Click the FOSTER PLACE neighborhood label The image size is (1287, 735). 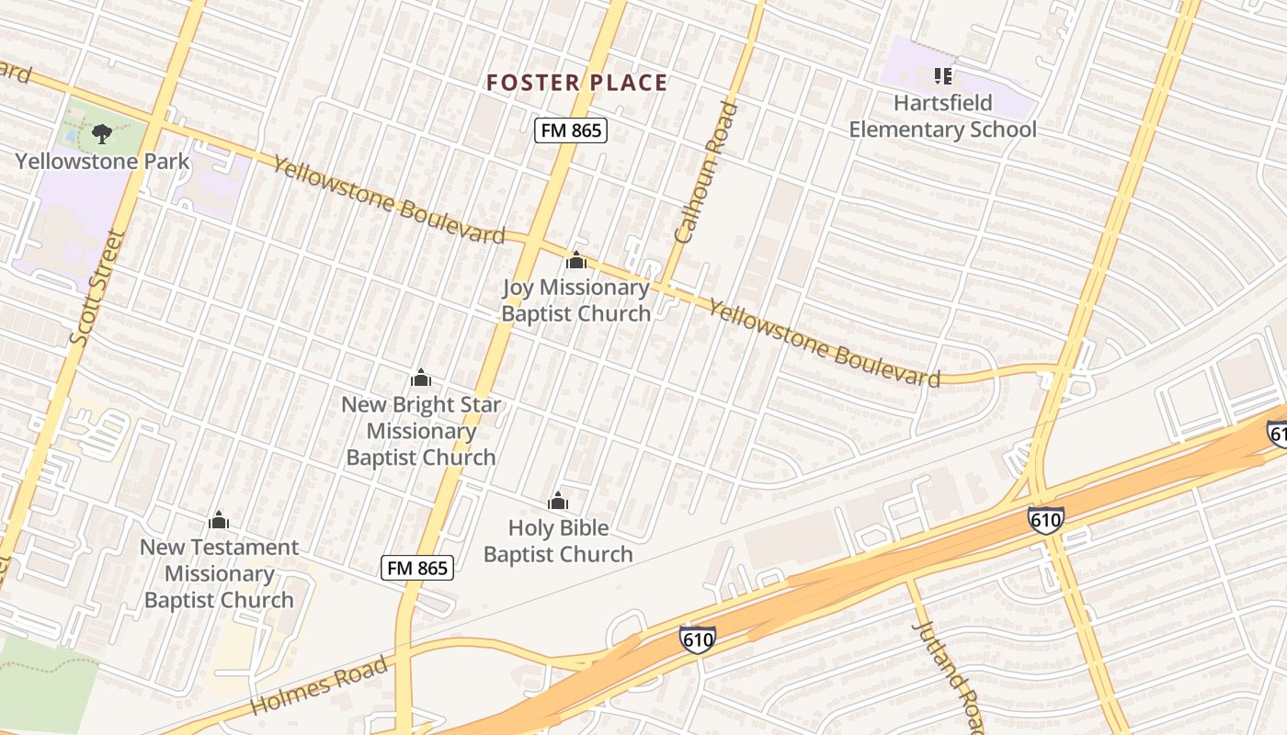pyautogui.click(x=576, y=83)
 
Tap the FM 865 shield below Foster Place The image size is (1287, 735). pyautogui.click(x=571, y=130)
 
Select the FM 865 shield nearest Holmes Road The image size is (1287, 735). pyautogui.click(x=417, y=568)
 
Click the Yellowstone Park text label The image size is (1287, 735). pyautogui.click(x=102, y=162)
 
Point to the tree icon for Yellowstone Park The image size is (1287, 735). pyautogui.click(x=101, y=134)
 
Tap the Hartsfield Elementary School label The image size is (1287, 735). pyautogui.click(x=942, y=116)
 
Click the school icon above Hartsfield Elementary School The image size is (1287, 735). pyautogui.click(x=942, y=75)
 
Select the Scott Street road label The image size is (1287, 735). pyautogui.click(x=97, y=288)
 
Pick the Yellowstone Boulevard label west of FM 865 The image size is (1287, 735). pyautogui.click(x=389, y=200)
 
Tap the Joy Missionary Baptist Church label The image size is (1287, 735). pyautogui.click(x=575, y=300)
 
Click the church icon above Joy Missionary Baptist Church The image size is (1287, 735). pyautogui.click(x=576, y=261)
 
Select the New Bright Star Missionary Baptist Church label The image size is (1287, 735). pyautogui.click(x=421, y=430)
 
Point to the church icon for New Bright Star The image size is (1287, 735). pyautogui.click(x=421, y=378)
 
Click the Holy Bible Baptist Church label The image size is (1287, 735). pyautogui.click(x=558, y=541)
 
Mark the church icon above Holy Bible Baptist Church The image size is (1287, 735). pyautogui.click(x=558, y=501)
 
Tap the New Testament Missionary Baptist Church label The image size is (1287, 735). pyautogui.click(x=219, y=573)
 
